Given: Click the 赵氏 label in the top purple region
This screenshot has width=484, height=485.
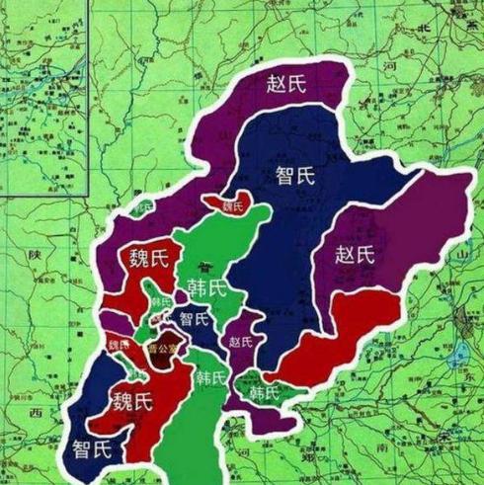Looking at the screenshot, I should coord(287,84).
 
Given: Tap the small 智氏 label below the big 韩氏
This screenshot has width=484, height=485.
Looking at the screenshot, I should coord(194,319).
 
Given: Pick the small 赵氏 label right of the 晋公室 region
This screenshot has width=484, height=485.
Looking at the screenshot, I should coord(240,343).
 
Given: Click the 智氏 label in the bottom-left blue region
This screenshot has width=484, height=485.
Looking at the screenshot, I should coord(92,450).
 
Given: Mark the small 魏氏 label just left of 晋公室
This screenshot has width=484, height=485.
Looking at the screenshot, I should coord(119,345).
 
